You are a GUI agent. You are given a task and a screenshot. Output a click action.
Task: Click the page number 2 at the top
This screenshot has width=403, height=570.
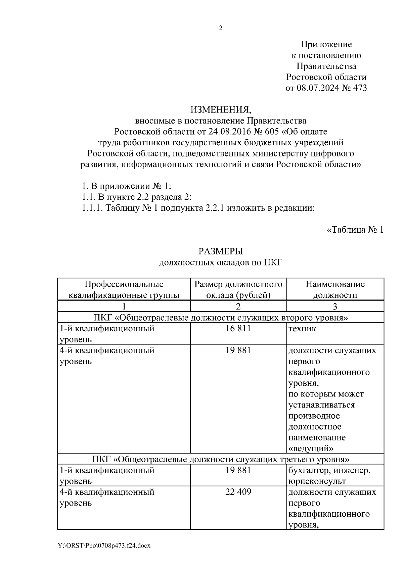point(221,29)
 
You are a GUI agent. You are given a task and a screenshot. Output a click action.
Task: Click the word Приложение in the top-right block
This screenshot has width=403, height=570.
point(326,44)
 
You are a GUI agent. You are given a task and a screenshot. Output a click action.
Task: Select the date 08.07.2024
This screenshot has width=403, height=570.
point(317,88)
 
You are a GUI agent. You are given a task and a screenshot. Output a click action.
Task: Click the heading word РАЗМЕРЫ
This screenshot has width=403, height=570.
point(220,251)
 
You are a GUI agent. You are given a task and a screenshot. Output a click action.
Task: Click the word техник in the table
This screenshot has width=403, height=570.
point(302,329)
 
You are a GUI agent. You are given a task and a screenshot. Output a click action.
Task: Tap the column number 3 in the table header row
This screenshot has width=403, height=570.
point(335,306)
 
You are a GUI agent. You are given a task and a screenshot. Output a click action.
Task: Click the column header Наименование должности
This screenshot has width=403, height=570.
point(335,290)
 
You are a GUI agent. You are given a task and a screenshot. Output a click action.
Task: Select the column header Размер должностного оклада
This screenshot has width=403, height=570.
point(238,290)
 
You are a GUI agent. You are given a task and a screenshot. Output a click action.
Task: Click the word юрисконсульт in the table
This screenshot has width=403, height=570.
point(317,481)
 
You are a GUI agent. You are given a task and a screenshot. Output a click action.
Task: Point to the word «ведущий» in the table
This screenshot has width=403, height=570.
point(311,448)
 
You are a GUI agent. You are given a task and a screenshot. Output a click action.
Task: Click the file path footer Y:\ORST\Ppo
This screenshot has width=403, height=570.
point(104,546)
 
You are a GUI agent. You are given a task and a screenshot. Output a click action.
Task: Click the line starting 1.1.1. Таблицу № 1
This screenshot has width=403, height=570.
point(198,208)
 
